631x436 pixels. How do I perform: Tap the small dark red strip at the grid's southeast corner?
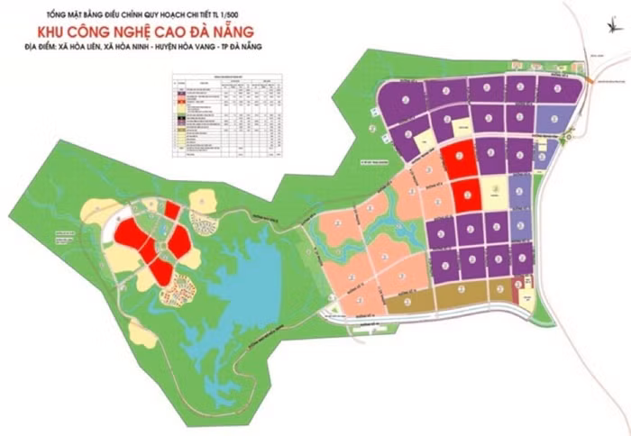(x=517, y=288)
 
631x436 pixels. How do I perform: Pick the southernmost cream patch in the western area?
(x=143, y=334)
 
